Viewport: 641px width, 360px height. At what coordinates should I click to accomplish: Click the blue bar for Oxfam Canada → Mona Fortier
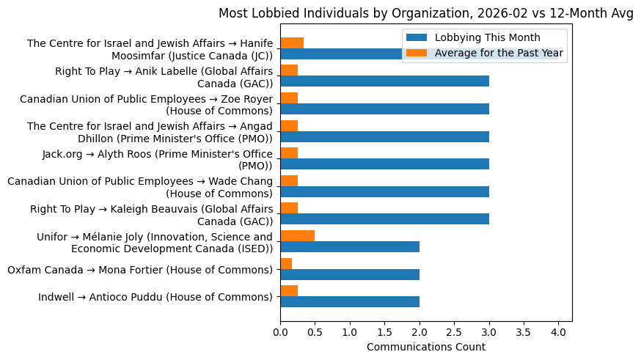point(350,274)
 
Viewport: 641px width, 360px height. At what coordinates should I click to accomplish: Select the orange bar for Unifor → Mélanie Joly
point(298,235)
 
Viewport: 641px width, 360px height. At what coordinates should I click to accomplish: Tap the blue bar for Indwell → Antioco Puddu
point(350,301)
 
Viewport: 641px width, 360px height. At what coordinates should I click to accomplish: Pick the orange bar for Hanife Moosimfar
point(292,43)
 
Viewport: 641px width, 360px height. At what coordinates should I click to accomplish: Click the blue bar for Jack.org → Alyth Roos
point(384,164)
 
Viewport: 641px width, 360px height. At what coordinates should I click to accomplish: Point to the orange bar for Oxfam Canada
point(286,263)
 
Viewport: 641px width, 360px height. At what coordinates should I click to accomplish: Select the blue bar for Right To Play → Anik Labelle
point(384,81)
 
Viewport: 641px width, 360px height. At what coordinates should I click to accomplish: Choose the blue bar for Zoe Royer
point(384,109)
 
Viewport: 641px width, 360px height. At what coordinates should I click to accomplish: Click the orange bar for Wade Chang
point(289,180)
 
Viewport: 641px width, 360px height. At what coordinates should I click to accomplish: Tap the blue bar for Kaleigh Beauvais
point(384,219)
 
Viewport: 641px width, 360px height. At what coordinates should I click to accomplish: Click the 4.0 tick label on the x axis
point(558,333)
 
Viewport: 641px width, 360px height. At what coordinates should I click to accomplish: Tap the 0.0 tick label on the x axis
point(280,333)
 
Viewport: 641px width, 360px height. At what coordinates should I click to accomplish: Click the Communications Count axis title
point(425,347)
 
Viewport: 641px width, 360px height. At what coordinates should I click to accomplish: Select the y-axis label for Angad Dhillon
point(150,132)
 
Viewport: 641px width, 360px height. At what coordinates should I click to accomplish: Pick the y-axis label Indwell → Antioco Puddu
point(155,297)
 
